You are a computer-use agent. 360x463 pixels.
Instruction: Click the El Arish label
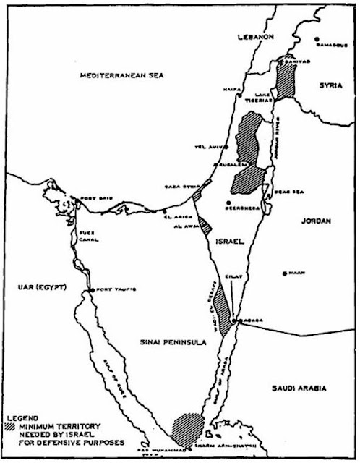(x=179, y=215)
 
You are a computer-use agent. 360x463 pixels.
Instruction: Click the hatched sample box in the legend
(x=14, y=428)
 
